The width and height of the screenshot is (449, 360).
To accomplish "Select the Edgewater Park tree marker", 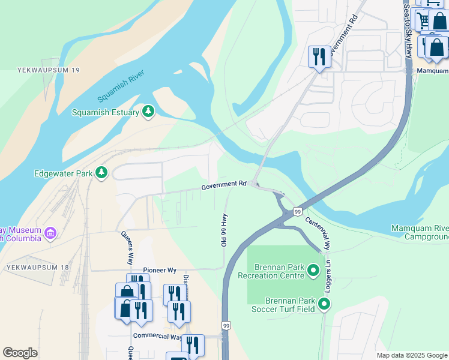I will click(101, 173).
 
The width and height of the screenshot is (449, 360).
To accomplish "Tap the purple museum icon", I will click(50, 232).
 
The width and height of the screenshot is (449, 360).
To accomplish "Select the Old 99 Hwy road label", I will click(224, 230).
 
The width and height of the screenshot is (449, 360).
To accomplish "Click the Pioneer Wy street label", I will click(159, 271).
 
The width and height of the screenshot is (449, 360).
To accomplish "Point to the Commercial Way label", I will click(157, 337).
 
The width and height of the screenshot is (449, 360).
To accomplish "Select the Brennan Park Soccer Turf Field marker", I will click(324, 305).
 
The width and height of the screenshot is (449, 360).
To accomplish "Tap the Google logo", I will click(20, 353).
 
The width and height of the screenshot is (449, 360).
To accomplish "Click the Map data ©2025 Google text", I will click(411, 355).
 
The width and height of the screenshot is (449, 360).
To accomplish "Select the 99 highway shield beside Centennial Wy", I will click(297, 211).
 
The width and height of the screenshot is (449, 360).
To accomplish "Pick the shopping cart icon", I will click(424, 21).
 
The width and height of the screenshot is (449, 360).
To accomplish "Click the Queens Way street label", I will click(127, 248).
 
